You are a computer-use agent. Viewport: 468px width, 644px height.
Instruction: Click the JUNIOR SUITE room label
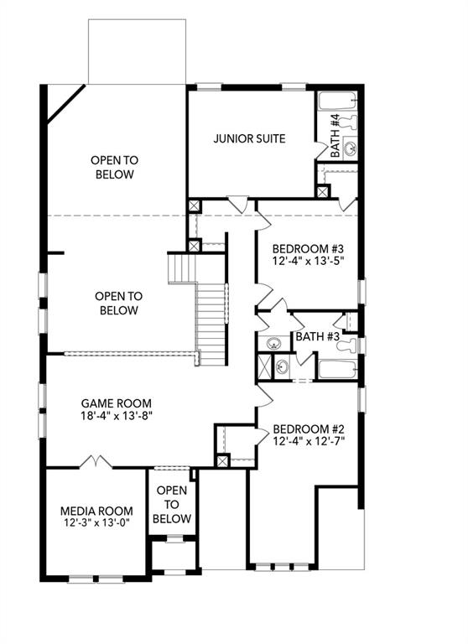pos(249,138)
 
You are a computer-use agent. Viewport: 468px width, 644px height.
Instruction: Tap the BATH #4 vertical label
pos(335,137)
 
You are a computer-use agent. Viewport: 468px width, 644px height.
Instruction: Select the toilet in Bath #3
pos(352,345)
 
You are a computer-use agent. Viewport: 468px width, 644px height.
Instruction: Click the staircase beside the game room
pos(212,323)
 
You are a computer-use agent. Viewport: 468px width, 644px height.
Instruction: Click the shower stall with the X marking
pos(264,366)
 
